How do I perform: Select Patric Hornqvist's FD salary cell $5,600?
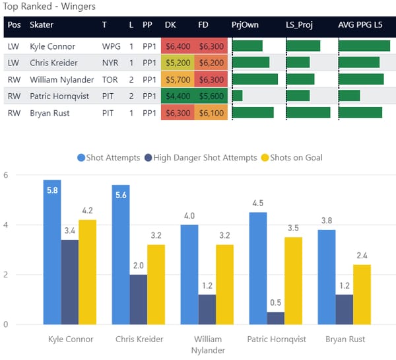click(211, 96)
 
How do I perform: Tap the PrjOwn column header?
click(244, 25)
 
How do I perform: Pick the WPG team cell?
click(110, 46)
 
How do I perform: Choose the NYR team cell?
click(110, 63)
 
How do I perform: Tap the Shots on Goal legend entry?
click(295, 157)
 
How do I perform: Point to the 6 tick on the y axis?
click(5, 176)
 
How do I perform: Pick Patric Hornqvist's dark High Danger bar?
click(276, 318)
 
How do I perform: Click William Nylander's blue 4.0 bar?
click(189, 274)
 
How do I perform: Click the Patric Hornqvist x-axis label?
click(277, 339)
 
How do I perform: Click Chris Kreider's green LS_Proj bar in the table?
click(298, 63)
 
